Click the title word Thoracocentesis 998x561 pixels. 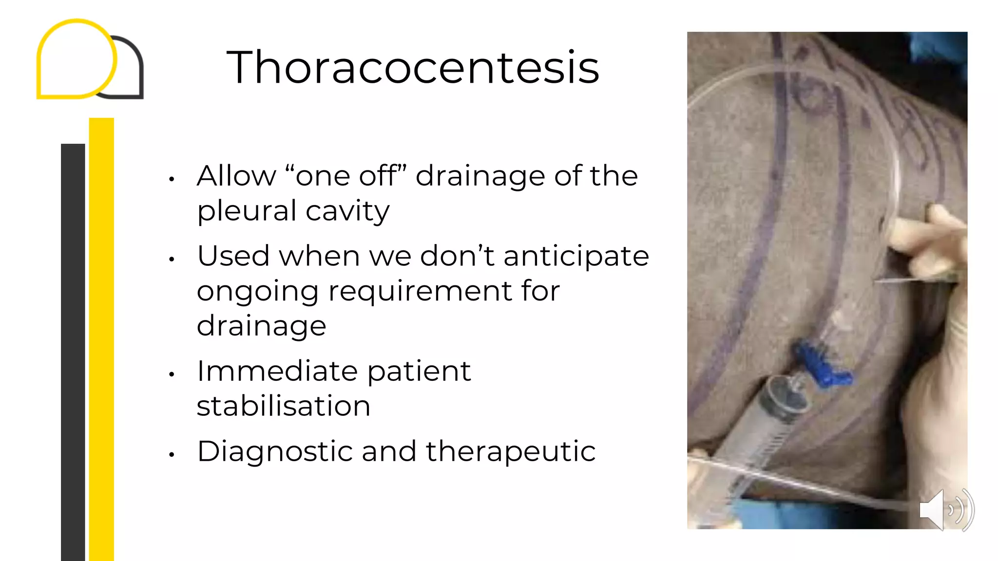click(413, 67)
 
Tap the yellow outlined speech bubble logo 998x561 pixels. click(77, 58)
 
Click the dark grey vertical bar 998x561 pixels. click(73, 351)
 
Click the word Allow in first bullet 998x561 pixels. click(236, 176)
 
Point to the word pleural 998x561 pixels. click(247, 211)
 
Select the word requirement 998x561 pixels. click(420, 291)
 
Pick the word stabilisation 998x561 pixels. click(284, 406)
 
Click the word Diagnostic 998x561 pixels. click(275, 451)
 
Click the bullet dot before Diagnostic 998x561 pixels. click(172, 455)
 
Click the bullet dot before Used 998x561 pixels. click(172, 260)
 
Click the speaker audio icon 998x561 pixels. click(945, 509)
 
